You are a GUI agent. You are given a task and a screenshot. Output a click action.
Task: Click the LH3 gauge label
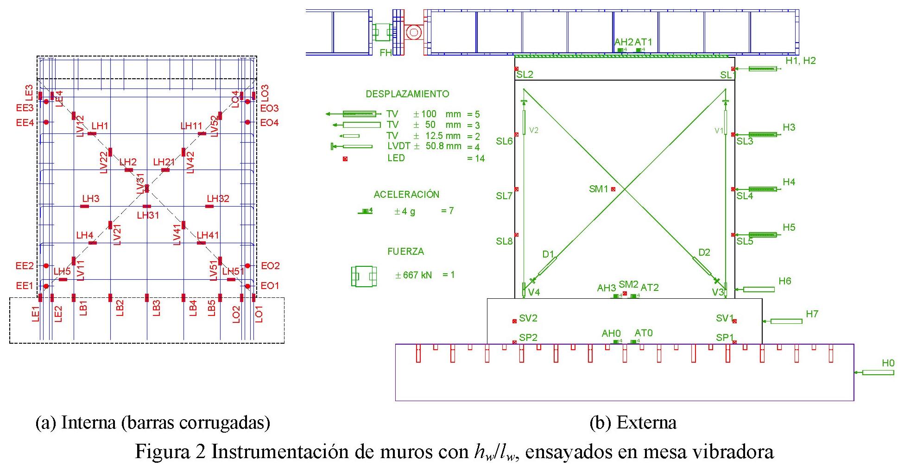click(x=91, y=199)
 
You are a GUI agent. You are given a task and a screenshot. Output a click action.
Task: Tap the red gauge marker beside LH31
click(x=147, y=207)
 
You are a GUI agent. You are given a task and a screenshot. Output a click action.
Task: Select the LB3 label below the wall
click(x=157, y=308)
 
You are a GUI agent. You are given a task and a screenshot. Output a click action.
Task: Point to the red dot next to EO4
click(x=247, y=122)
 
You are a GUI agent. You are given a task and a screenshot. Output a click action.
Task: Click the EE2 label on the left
click(x=25, y=266)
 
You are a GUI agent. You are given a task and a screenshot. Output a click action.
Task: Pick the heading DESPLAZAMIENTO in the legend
click(x=407, y=94)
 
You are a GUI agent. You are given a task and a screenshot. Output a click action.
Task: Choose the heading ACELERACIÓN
click(x=406, y=195)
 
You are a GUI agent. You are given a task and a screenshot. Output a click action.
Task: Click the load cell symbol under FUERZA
click(x=364, y=276)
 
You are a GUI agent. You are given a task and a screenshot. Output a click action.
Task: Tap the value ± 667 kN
click(x=413, y=275)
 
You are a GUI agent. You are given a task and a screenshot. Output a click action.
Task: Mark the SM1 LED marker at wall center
click(x=613, y=189)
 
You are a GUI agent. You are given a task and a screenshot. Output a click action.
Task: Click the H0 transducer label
click(x=888, y=363)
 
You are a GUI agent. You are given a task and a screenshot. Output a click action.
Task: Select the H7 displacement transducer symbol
click(x=786, y=321)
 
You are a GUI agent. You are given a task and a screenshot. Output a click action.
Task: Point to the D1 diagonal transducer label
click(x=548, y=254)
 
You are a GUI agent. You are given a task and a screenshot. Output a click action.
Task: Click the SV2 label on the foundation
click(x=528, y=318)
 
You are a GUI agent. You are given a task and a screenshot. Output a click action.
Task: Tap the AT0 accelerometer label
click(x=644, y=333)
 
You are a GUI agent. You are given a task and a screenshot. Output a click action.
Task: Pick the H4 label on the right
click(x=789, y=182)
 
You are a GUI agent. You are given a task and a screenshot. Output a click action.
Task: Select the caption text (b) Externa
click(x=633, y=422)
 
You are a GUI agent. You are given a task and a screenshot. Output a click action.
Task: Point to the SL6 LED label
click(x=504, y=141)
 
